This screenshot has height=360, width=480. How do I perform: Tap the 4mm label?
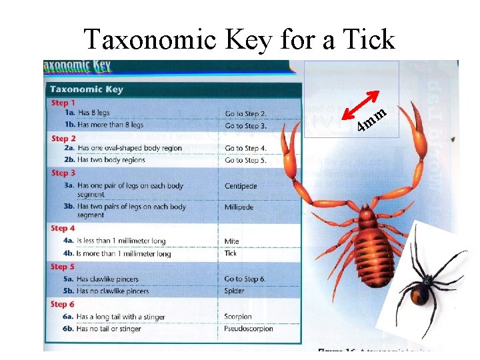[x=371, y=119]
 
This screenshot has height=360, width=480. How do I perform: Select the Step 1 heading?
[x=64, y=103]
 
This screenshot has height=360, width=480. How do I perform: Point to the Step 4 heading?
[x=64, y=228]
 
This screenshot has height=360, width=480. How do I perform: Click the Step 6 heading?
[x=64, y=304]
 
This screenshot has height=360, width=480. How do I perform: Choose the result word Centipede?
[x=241, y=186]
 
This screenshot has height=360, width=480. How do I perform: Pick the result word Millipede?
[x=239, y=207]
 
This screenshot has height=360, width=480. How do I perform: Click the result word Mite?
[x=232, y=241]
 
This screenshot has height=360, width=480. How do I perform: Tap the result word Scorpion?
[x=238, y=317]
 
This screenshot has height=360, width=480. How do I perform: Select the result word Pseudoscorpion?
[x=247, y=329]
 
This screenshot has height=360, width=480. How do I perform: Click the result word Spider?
[x=235, y=291]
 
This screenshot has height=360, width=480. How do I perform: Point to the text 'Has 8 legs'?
[x=93, y=113]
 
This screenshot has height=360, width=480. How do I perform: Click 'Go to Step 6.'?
[x=245, y=279]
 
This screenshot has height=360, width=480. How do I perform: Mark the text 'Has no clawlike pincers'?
[x=113, y=291]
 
